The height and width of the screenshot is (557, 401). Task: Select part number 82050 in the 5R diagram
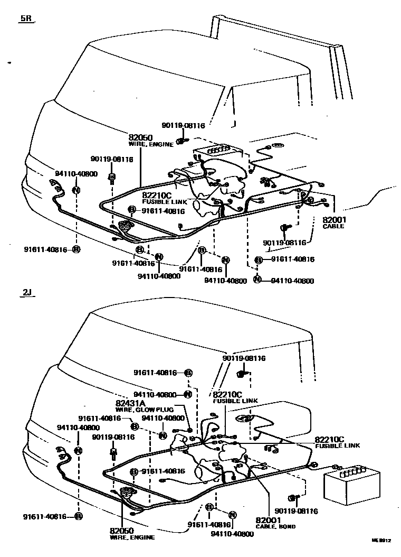tap(140, 137)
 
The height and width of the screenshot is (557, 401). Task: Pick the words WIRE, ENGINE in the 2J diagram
tap(132, 537)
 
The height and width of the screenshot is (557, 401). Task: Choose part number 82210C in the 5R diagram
tap(157, 195)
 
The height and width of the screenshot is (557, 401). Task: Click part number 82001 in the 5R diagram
tap(334, 219)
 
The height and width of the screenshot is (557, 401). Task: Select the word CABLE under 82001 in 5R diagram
tap(333, 226)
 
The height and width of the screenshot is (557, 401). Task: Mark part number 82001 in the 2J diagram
tap(267, 520)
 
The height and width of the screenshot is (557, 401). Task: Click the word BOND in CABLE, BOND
tap(288, 526)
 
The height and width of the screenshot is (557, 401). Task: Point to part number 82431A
tap(131, 403)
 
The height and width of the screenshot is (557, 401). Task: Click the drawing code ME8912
tap(381, 540)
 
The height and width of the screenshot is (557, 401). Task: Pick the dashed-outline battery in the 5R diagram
tap(218, 153)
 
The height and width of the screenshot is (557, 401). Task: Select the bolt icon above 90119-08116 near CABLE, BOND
tap(293, 497)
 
